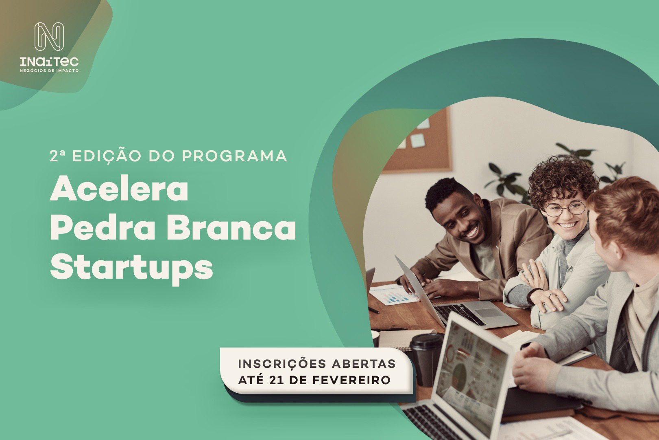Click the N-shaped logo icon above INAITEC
tap(49, 37)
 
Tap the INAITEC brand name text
tap(49, 62)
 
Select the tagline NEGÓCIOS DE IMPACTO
tap(49, 71)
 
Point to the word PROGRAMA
tap(234, 156)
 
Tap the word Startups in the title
tap(131, 268)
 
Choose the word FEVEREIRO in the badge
tap(351, 380)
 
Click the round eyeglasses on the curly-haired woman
tap(565, 209)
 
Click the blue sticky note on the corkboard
tap(418, 140)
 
